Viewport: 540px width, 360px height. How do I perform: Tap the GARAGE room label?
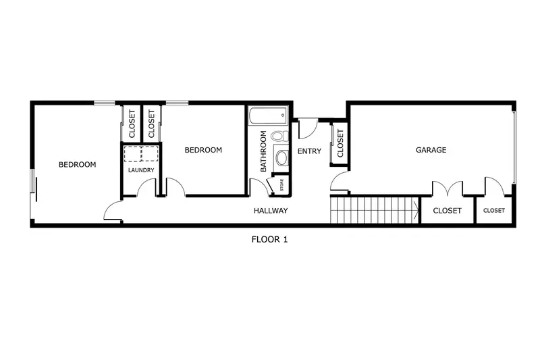(x=430, y=150)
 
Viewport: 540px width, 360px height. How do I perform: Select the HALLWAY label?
(x=271, y=211)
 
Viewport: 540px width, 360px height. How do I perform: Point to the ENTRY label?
(x=309, y=151)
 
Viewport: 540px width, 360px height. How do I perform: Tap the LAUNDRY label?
(x=141, y=170)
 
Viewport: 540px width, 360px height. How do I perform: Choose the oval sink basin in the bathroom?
(x=281, y=159)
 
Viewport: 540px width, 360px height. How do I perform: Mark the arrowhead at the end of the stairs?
(x=414, y=210)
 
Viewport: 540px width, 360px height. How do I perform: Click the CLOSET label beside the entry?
(x=340, y=143)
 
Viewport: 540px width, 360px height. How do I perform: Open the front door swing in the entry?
(x=307, y=127)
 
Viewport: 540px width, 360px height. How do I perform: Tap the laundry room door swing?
(x=146, y=188)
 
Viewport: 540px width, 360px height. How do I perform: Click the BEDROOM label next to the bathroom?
(x=203, y=150)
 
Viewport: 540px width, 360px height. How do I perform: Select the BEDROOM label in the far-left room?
(x=77, y=164)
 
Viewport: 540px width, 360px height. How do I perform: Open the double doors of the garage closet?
(x=447, y=187)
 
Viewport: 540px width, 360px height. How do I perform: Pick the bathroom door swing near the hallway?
(x=259, y=187)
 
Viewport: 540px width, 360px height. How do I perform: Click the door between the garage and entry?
(x=340, y=180)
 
